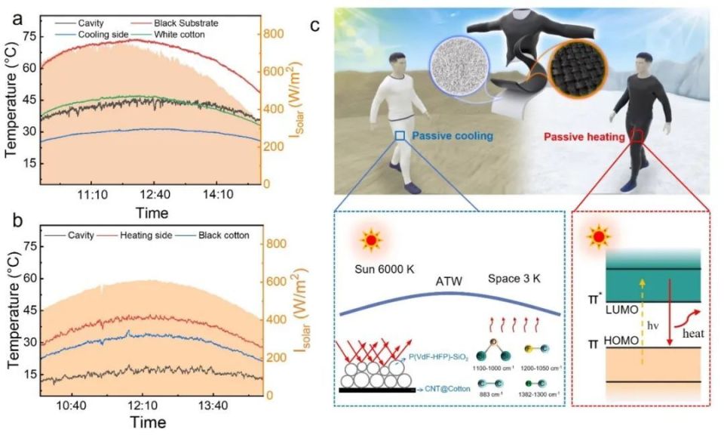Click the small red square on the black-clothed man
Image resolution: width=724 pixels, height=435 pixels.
coord(637,137)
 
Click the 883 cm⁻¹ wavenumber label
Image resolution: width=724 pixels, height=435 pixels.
coord(487,393)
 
